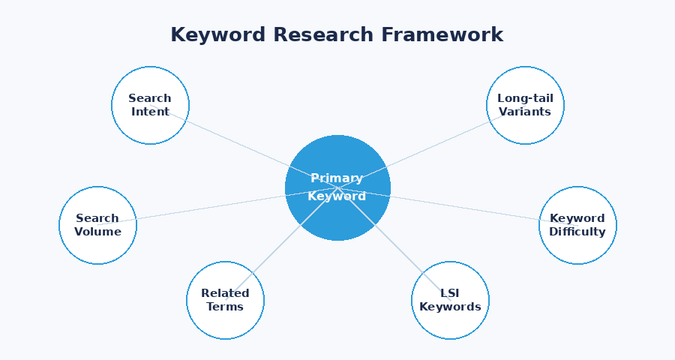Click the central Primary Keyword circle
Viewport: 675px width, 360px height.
point(337,217)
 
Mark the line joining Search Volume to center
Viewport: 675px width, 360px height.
point(210,208)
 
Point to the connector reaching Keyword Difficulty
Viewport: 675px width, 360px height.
point(465,207)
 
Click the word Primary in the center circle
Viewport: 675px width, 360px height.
point(337,178)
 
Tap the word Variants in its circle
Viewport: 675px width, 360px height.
point(525,112)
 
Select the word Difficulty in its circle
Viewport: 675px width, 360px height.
point(577,232)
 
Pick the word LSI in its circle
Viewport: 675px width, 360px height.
point(450,293)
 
